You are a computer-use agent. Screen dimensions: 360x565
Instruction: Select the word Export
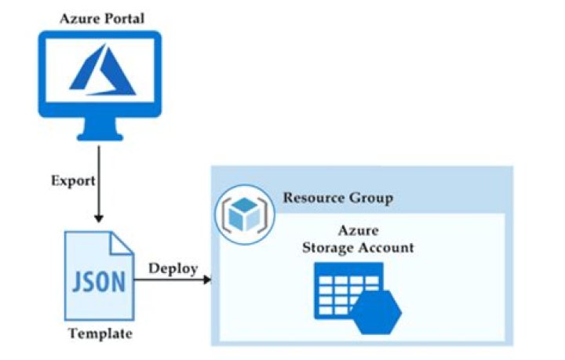click(x=73, y=180)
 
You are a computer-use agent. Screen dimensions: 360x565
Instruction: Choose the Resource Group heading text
click(x=337, y=198)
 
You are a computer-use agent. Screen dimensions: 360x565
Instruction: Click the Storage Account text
click(x=359, y=248)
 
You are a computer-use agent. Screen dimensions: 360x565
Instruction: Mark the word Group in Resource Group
click(x=373, y=198)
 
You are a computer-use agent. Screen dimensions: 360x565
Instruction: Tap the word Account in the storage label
click(x=388, y=248)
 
